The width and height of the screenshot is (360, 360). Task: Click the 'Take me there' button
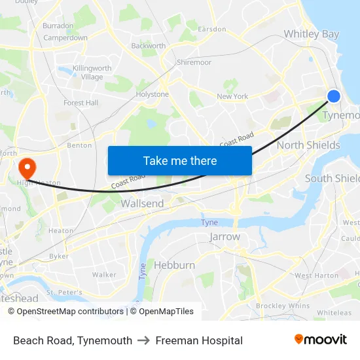pos(180,160)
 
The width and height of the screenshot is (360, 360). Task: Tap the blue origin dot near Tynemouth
pos(333,96)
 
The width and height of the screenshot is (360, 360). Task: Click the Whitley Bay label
pos(311,34)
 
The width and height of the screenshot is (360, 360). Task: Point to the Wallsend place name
pos(142,204)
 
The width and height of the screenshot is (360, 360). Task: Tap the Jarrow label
pos(225,236)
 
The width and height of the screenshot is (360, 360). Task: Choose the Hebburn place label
pos(174,265)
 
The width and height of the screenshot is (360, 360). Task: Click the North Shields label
pos(308,145)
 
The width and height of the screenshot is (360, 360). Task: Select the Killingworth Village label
pos(92,73)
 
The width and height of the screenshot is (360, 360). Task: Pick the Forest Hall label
pos(81,103)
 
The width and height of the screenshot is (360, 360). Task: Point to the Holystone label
pos(152,94)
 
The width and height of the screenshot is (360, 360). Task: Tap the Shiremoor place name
pos(194,62)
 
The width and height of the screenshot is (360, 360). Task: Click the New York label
pos(232,96)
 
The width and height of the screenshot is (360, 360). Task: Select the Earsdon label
pos(211,29)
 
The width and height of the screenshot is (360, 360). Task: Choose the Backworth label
pos(148,46)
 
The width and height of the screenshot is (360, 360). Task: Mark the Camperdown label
pos(65,38)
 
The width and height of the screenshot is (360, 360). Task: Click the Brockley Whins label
pos(283,306)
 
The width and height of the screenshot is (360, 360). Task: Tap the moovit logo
pos(320,340)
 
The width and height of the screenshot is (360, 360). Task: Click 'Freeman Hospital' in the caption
pos(199,340)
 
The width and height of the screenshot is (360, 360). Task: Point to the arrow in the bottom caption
pos(144,340)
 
